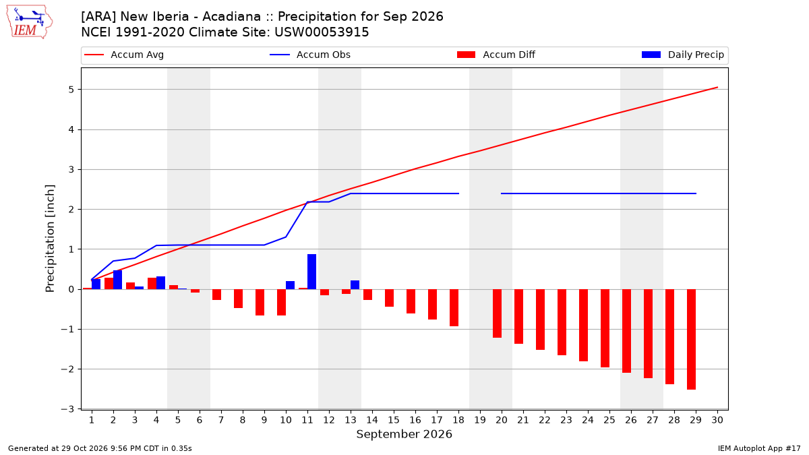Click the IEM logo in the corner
[x=30, y=22]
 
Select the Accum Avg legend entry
[x=124, y=55]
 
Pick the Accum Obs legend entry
[x=310, y=55]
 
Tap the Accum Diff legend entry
[x=496, y=55]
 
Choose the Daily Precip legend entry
[x=682, y=55]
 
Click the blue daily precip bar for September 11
[x=311, y=272]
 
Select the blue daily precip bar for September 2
[x=117, y=280]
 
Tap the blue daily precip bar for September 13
[x=355, y=285]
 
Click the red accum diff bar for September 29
[x=691, y=340]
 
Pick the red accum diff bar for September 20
[x=497, y=313]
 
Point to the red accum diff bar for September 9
[x=260, y=302]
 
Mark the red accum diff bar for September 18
[x=454, y=307]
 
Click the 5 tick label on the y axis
[x=71, y=90]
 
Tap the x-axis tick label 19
[x=480, y=421]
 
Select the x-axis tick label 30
[x=717, y=421]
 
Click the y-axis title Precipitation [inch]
[x=50, y=239]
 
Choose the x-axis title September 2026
[x=404, y=434]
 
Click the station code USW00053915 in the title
[x=322, y=32]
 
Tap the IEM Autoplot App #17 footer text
[x=759, y=448]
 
